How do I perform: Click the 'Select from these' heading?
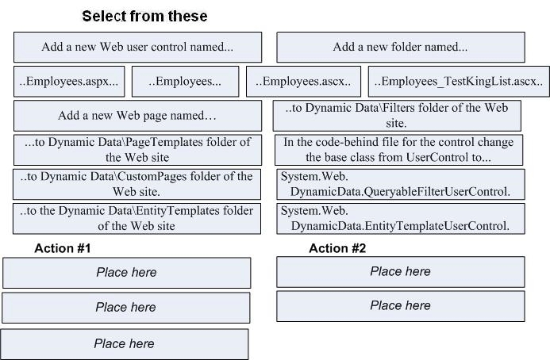[144, 16]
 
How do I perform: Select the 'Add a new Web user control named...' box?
[137, 48]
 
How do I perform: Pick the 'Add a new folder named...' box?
[401, 48]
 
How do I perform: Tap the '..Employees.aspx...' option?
[69, 82]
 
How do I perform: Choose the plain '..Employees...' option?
[185, 82]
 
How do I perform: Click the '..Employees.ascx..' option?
[303, 82]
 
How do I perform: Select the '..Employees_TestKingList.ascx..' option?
[459, 82]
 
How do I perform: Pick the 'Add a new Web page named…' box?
[137, 116]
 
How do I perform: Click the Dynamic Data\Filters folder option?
[397, 116]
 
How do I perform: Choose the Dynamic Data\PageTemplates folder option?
[137, 150]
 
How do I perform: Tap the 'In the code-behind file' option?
[398, 150]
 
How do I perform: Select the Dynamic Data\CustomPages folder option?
[137, 184]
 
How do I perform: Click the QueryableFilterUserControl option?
[401, 184]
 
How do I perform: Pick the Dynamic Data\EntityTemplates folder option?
[137, 218]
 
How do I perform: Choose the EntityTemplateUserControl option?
[401, 218]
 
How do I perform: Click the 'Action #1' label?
[63, 248]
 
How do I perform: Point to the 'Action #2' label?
[337, 248]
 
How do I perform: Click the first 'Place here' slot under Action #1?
[127, 273]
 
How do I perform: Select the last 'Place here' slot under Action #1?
[124, 344]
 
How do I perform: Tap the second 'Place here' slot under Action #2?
[401, 306]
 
